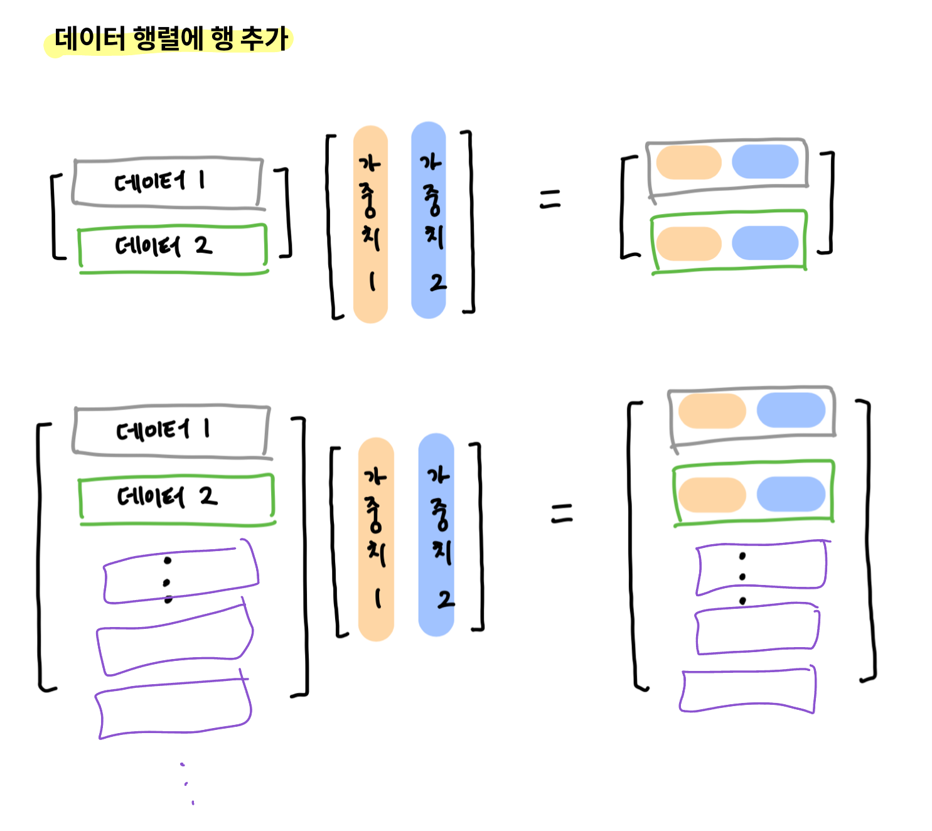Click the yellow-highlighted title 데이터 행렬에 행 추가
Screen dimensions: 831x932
click(169, 39)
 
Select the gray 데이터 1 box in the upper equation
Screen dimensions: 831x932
click(167, 182)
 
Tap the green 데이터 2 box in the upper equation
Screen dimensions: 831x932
click(173, 248)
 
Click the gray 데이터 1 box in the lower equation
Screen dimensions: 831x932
click(171, 431)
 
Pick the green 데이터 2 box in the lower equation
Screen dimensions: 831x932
click(176, 498)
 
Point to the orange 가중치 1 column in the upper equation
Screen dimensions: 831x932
click(370, 224)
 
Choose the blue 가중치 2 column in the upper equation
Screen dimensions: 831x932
click(429, 220)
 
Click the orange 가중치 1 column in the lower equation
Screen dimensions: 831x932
click(376, 539)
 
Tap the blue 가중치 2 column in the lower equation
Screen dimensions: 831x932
click(436, 534)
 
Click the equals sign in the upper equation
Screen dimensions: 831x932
click(550, 200)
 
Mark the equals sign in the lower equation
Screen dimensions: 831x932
click(562, 513)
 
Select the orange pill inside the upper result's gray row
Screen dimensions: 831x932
click(688, 163)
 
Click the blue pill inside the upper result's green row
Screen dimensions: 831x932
click(765, 243)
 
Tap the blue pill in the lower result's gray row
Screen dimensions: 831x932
click(791, 410)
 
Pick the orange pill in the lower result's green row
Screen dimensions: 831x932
click(712, 495)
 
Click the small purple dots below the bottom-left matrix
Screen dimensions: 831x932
click(187, 783)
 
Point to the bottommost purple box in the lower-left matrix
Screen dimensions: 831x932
click(173, 708)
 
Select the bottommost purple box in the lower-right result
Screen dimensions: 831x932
click(747, 690)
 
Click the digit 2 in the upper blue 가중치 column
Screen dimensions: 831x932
click(437, 283)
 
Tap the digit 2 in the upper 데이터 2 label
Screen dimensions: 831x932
click(203, 245)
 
